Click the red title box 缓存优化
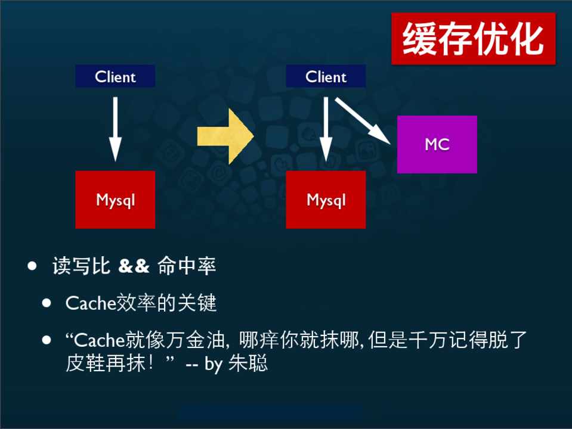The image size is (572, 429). (473, 39)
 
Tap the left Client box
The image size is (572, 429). (115, 76)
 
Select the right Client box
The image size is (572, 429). (326, 76)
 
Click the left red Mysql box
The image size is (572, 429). (115, 200)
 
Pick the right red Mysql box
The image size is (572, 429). (326, 200)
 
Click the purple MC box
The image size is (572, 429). (437, 144)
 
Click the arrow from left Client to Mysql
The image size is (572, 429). (115, 128)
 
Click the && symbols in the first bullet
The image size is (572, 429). (134, 266)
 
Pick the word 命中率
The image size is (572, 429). (187, 266)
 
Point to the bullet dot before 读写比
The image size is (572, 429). (32, 266)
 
